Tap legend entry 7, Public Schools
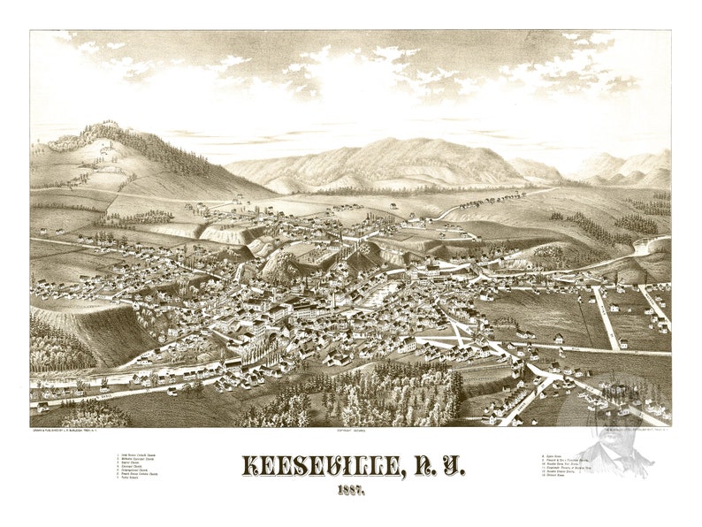137,483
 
